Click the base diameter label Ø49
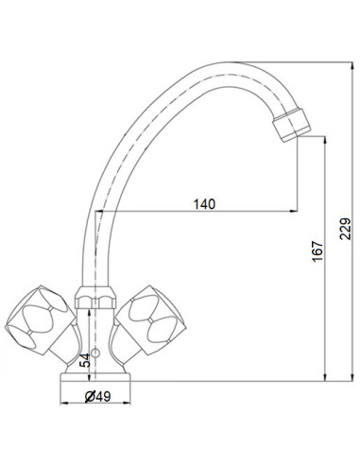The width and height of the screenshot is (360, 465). coord(94,396)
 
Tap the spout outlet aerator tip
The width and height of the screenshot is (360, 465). coord(289,123)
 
